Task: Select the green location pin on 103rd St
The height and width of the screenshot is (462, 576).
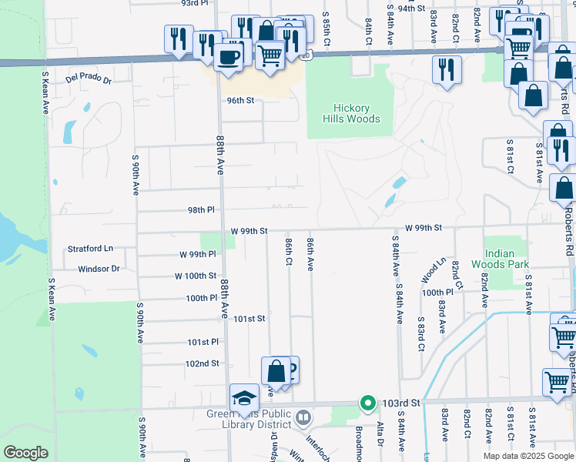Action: point(368,403)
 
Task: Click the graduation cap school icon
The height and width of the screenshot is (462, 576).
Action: point(244,398)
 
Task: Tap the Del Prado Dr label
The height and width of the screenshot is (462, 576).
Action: point(89,79)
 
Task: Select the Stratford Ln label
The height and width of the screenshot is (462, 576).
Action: point(90,249)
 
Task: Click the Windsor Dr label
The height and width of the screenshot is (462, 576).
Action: point(99,269)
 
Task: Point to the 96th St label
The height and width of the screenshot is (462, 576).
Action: point(240,100)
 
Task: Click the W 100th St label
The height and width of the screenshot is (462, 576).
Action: point(196,276)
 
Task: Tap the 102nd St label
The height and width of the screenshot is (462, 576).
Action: point(203,363)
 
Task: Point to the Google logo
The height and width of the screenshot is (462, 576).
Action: point(25,453)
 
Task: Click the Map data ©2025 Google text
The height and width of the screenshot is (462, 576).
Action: point(527,456)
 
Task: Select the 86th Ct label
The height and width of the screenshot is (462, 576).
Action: point(288,253)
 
